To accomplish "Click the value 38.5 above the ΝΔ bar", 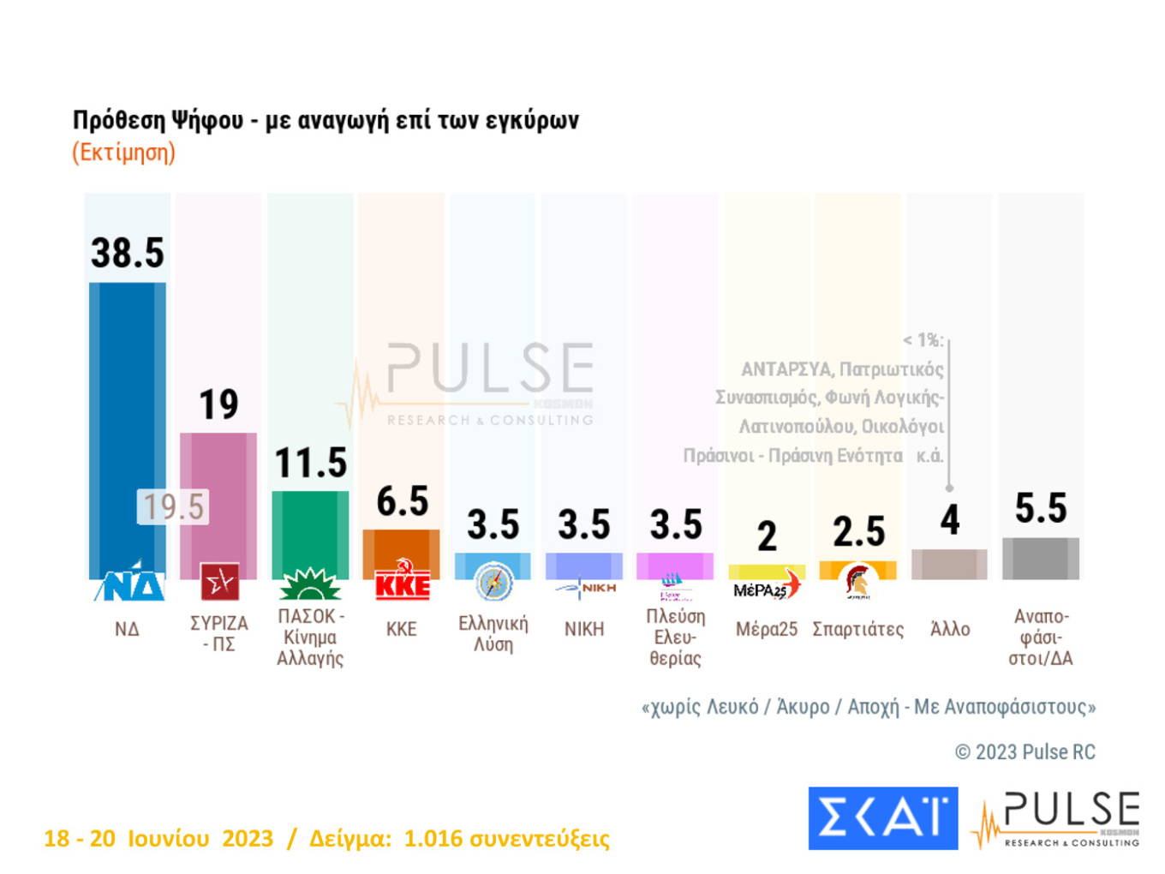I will coord(128,254).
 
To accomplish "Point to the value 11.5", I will coord(310,464).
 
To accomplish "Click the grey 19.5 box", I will coord(173,506).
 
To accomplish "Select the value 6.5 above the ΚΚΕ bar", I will coord(402,501).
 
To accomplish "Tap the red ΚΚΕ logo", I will coord(402,582).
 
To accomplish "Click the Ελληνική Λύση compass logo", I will coord(493,583).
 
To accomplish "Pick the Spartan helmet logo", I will coord(857,581).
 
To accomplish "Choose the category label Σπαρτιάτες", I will coord(857,630).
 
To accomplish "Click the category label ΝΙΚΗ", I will coord(584,630).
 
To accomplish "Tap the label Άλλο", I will coord(950,630).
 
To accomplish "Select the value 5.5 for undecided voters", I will coord(1041,509).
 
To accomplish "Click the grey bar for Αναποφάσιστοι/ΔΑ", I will coord(1041,559).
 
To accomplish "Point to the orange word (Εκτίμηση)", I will coord(124,153).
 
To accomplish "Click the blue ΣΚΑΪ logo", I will coord(882,818).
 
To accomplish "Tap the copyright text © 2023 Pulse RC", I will coord(1025,752).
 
